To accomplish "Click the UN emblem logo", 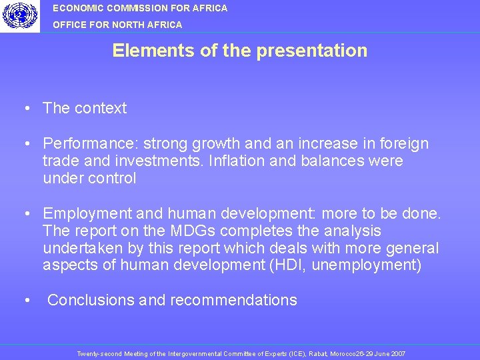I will [x=19, y=15].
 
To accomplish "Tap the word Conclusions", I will [x=91, y=300].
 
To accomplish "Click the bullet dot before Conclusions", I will [x=25, y=300].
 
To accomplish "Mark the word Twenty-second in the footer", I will [x=96, y=353].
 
